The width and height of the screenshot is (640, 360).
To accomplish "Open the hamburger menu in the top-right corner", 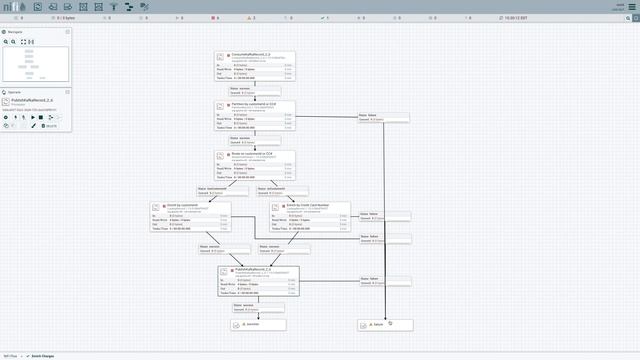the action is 631,7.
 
